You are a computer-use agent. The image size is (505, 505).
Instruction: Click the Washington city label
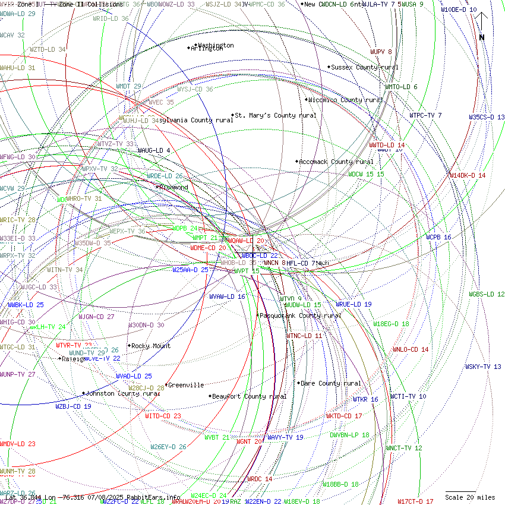pyautogui.click(x=216, y=45)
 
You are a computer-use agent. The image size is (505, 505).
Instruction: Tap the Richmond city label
pyautogui.click(x=173, y=187)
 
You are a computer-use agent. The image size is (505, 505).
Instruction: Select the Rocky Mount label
pyautogui.click(x=151, y=346)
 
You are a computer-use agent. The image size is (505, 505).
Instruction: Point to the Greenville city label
pyautogui.click(x=187, y=385)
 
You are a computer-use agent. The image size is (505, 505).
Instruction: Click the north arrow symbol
pyautogui.click(x=482, y=27)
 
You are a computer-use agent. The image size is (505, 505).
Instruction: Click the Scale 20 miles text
pyautogui.click(x=470, y=497)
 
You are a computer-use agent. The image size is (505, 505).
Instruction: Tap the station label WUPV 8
pyautogui.click(x=381, y=52)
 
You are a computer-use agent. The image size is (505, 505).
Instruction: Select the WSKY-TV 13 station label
pyautogui.click(x=483, y=367)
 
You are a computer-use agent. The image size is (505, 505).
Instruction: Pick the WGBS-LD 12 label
pyautogui.click(x=487, y=294)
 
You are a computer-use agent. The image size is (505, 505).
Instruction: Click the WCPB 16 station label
pyautogui.click(x=438, y=237)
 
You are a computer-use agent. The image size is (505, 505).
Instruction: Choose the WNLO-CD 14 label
pyautogui.click(x=410, y=349)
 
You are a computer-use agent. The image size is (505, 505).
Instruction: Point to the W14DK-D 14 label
pyautogui.click(x=468, y=175)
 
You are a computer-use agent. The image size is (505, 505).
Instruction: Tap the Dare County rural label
pyautogui.click(x=331, y=383)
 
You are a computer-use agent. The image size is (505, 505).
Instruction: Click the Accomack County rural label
pyautogui.click(x=336, y=162)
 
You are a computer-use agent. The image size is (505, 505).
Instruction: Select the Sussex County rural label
pyautogui.click(x=365, y=67)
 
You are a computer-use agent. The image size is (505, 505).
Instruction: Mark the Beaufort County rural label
pyautogui.click(x=250, y=396)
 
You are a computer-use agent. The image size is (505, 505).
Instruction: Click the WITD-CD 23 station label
pyautogui.click(x=163, y=416)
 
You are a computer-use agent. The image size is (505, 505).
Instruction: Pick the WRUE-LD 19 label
pyautogui.click(x=353, y=304)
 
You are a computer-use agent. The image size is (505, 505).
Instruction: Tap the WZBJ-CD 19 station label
pyautogui.click(x=74, y=406)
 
